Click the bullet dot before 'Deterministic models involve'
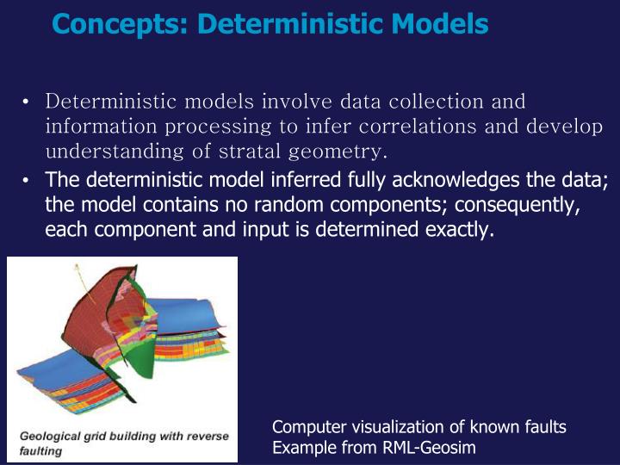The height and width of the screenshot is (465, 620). point(28,103)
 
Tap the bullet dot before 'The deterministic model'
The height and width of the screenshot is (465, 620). point(28,181)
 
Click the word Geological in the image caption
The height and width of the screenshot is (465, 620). point(50,436)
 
